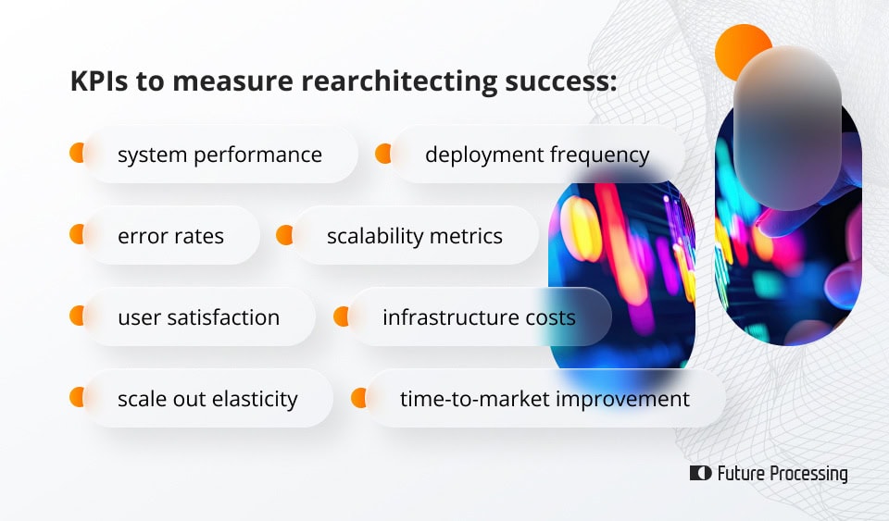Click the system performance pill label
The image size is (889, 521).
tap(219, 155)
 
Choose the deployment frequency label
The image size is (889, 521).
tap(537, 155)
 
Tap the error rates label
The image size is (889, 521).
tap(170, 236)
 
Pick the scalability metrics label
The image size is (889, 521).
tap(414, 236)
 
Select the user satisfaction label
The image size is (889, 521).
tap(198, 317)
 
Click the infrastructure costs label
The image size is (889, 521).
tap(479, 317)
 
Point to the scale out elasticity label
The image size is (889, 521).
tap(207, 399)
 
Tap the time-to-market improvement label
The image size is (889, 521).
tap(545, 399)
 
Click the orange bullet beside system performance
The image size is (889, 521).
tap(76, 154)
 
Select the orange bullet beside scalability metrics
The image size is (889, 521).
tap(283, 235)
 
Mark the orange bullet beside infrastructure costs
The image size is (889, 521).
tap(340, 316)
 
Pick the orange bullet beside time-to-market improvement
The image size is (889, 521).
tap(358, 398)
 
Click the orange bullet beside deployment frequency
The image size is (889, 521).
tap(382, 154)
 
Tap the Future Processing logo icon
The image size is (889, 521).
tap(700, 474)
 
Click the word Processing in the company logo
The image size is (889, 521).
tap(808, 474)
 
